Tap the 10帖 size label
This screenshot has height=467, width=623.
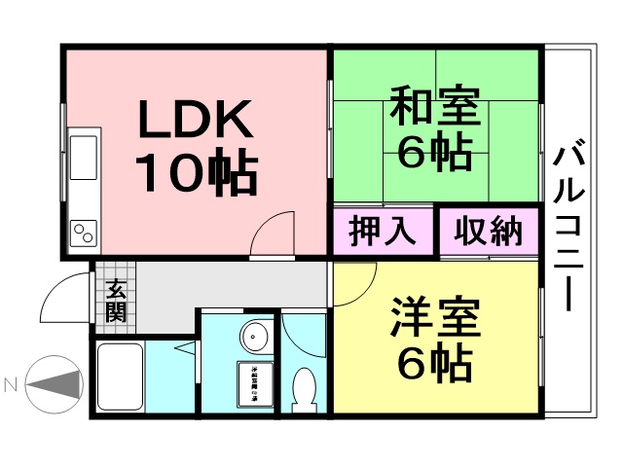(196, 172)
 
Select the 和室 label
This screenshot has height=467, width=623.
(435, 107)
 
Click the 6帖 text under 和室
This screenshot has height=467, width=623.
(435, 154)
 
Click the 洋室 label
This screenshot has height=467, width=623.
(435, 318)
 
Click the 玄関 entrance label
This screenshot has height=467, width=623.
(116, 299)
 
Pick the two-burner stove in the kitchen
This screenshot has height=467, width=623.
(84, 233)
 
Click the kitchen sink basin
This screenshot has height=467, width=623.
(83, 157)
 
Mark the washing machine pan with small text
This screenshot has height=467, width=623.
(258, 386)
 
